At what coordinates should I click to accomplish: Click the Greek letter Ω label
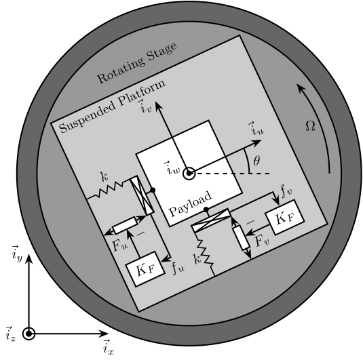pyautogui.click(x=310, y=126)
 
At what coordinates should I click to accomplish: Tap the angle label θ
pyautogui.click(x=256, y=161)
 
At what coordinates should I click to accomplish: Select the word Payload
pyautogui.click(x=190, y=203)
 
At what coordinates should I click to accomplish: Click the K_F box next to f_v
pyautogui.click(x=285, y=218)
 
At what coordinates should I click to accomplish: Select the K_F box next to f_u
pyautogui.click(x=145, y=269)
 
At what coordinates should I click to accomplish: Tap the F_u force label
pyautogui.click(x=120, y=245)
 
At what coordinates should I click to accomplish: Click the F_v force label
pyautogui.click(x=263, y=241)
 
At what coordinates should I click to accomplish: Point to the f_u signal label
pyautogui.click(x=178, y=268)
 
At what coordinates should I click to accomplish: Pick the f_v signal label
pyautogui.click(x=286, y=191)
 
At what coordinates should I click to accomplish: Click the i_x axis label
pyautogui.click(x=109, y=348)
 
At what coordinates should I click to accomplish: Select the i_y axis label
pyautogui.click(x=17, y=254)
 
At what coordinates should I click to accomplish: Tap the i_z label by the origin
pyautogui.click(x=10, y=334)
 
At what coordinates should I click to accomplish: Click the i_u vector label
pyautogui.click(x=256, y=128)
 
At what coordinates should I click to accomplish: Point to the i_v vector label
pyautogui.click(x=145, y=106)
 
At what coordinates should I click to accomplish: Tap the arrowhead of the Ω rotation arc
pyautogui.click(x=300, y=88)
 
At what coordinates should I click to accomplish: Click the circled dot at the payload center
pyautogui.click(x=189, y=173)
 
